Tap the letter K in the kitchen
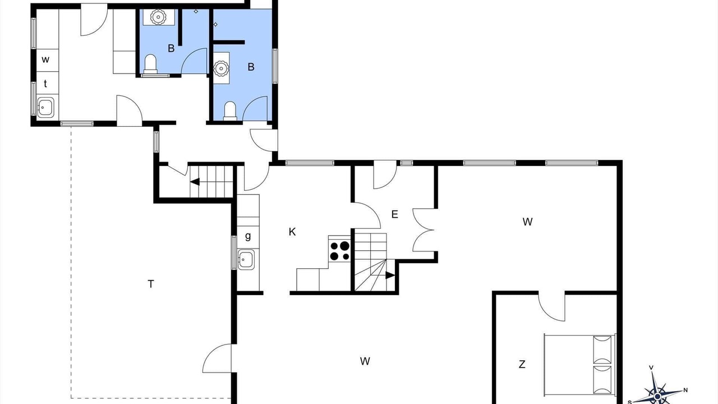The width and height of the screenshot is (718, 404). [x=292, y=232]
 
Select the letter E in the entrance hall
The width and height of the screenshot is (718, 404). [x=394, y=214]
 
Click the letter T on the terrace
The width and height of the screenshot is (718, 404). [x=151, y=284]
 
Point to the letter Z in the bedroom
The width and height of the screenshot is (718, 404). [x=522, y=364]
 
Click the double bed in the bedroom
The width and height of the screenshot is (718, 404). [x=579, y=365]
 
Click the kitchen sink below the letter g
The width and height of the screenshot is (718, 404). [x=246, y=259]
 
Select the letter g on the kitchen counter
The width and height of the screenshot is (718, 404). [x=248, y=236]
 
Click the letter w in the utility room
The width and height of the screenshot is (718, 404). [x=45, y=59]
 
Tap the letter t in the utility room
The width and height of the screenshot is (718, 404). [x=45, y=84]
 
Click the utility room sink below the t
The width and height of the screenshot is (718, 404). [x=45, y=107]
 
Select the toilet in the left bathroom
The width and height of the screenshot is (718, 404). [x=150, y=64]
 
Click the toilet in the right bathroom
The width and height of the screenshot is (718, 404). [x=230, y=111]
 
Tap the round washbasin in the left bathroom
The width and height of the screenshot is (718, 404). [x=158, y=17]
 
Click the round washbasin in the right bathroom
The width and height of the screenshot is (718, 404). [x=221, y=68]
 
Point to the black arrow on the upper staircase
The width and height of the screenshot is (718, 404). [x=195, y=182]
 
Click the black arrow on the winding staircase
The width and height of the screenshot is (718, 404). [x=390, y=275]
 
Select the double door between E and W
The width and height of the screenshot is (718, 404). [x=423, y=230]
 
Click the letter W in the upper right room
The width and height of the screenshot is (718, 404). [x=528, y=222]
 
